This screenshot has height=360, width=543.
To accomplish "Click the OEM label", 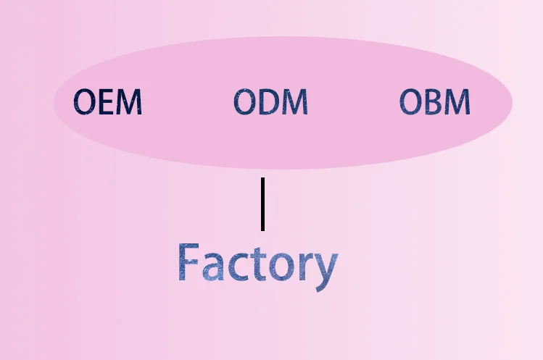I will pos(109,102).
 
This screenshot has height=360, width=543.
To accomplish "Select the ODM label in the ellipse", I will pos(270,102).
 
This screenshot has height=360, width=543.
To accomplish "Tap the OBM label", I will pos(435,102).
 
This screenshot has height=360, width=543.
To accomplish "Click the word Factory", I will pos(257,264).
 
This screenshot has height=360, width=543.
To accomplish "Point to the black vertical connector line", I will pos(262,204).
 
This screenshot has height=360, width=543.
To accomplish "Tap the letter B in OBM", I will pos(434,102).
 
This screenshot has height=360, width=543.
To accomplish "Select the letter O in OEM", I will pos(86,102).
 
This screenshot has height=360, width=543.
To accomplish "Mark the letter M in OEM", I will pos(130,102).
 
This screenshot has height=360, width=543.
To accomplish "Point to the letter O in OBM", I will pos(410,102).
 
